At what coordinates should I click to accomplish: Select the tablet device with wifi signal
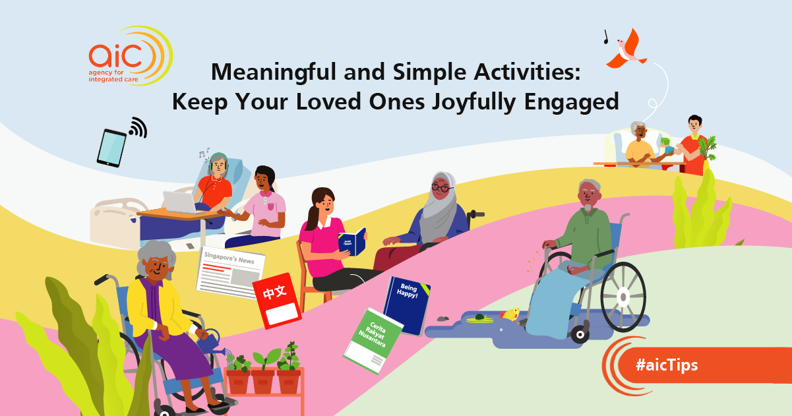tap(111, 146)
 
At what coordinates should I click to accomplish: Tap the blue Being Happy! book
tap(407, 305)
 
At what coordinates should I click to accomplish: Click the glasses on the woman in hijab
tap(442, 188)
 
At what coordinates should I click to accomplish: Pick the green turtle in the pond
tap(480, 318)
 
